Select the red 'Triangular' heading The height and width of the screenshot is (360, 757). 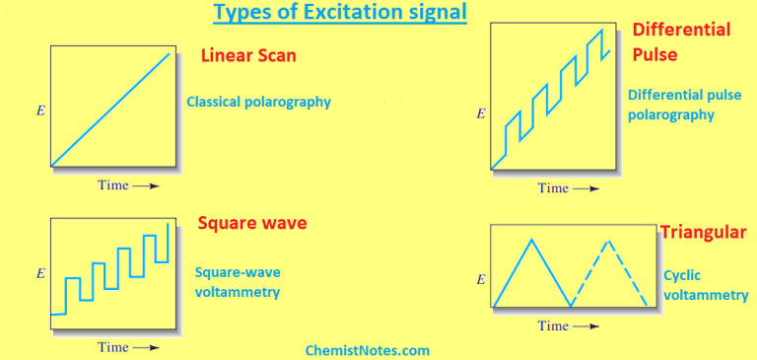703,233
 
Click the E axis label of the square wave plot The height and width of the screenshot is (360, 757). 39,272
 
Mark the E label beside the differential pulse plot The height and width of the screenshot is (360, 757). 480,113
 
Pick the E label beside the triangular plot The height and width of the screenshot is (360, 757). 480,279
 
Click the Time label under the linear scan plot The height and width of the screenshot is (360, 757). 127,185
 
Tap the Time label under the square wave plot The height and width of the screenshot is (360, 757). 127,347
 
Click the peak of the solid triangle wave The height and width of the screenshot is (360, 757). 532,240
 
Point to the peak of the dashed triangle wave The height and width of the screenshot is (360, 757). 608,240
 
